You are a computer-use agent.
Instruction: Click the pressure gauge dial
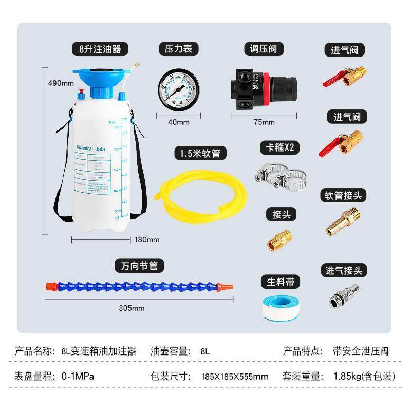(x=179, y=89)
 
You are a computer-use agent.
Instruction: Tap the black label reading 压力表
(x=178, y=49)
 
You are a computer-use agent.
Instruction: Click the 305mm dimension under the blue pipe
(x=132, y=308)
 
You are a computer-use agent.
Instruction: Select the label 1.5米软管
(x=196, y=153)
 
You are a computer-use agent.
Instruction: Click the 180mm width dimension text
(x=146, y=239)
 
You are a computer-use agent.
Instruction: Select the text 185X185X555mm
(x=234, y=377)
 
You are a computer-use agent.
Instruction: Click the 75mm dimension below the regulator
(x=264, y=122)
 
